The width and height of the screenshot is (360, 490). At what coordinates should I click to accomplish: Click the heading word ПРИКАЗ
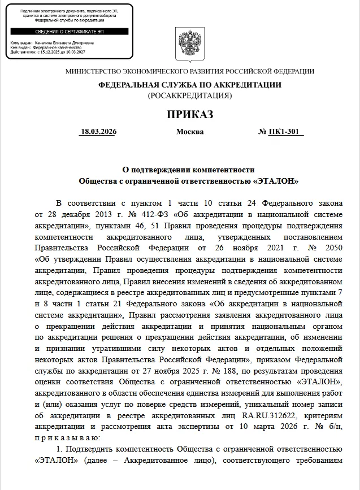190,115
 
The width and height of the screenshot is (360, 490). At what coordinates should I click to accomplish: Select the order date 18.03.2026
98,132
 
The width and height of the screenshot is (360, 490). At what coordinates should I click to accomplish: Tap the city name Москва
190,132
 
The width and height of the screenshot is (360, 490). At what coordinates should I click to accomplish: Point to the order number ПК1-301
286,132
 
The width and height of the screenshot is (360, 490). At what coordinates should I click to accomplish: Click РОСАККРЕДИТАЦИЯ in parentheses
190,96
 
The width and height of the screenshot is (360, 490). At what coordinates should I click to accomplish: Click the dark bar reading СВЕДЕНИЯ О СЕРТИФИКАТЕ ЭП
70,32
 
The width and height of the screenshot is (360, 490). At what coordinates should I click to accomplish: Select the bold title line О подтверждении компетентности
189,170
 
